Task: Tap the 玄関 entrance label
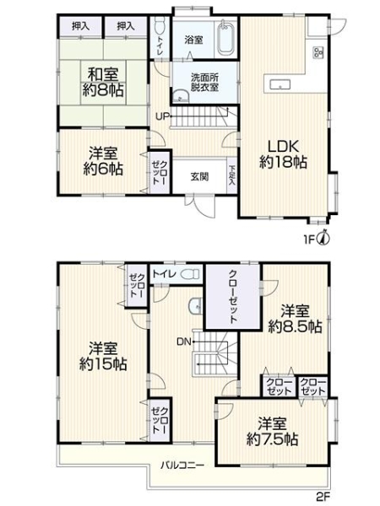[200, 176]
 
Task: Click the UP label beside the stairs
[160, 116]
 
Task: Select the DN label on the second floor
[183, 342]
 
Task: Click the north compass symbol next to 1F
[323, 239]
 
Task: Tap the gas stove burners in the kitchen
[319, 55]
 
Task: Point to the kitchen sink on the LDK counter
[280, 83]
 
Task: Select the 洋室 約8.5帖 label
[295, 317]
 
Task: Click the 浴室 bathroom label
[193, 40]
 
